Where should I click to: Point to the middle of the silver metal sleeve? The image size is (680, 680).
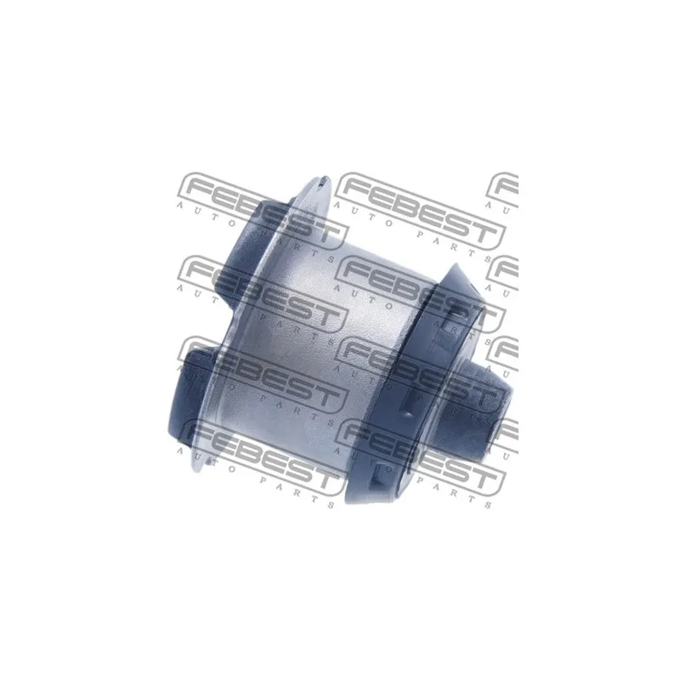coord(321,347)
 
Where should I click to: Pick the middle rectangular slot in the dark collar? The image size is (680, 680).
coord(410,399)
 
